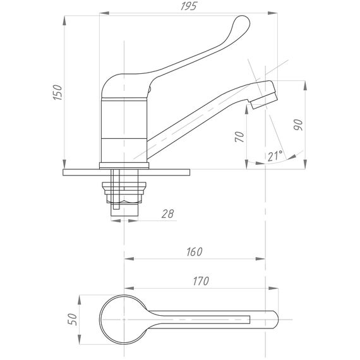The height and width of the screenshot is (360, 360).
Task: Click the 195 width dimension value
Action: coord(189,6)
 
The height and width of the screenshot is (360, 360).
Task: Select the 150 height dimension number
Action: coord(57,92)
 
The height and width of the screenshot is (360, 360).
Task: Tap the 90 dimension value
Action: coord(298,124)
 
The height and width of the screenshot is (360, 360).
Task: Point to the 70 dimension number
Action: coord(239,136)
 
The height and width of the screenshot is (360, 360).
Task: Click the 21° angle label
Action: coord(275,156)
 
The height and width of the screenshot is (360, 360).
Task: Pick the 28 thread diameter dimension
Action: coord(167,213)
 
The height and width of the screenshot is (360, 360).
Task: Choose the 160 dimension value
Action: coord(195,251)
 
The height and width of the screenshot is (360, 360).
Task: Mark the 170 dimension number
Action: coord(201,281)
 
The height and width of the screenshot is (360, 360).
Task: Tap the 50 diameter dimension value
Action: coord(73,319)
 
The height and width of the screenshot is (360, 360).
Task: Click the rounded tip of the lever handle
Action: coord(243,22)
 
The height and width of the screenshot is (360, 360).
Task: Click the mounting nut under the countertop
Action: coord(124,193)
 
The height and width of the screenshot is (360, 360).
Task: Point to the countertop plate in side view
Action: coord(126,172)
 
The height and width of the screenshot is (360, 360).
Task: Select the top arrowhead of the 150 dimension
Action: coord(64,20)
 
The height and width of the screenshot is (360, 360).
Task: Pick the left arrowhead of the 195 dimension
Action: coord(104,13)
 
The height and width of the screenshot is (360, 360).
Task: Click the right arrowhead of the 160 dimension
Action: coord(261,259)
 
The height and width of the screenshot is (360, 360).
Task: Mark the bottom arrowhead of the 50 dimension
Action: coord(80,340)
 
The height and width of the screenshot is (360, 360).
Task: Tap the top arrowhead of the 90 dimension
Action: coord(305,85)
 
